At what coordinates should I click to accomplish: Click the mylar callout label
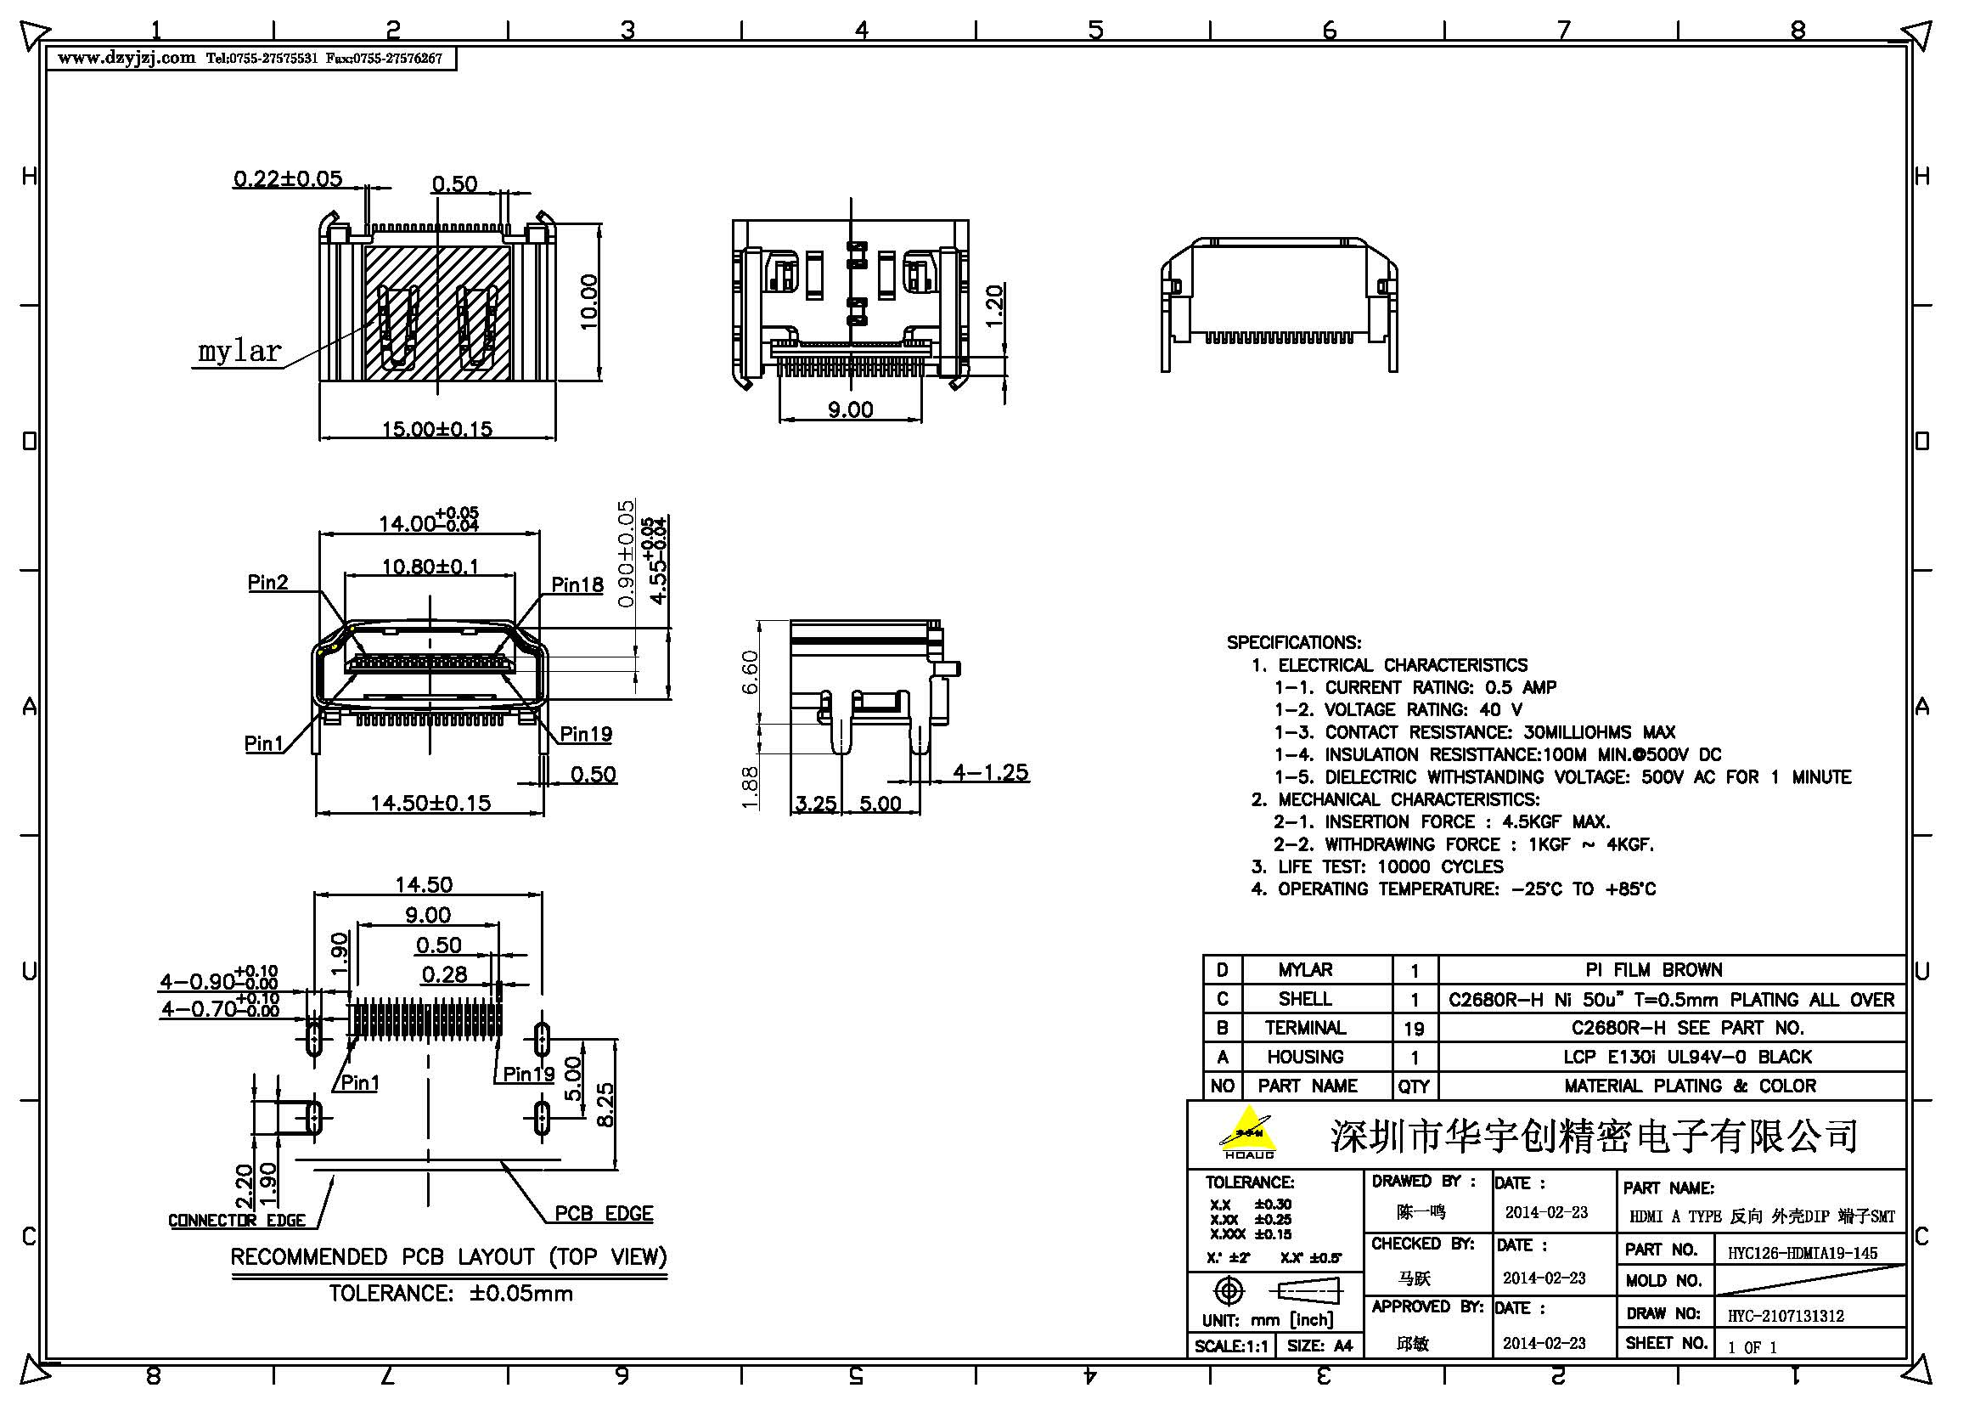(239, 352)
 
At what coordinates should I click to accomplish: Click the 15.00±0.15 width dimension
(436, 428)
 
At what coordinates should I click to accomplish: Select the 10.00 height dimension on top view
(588, 301)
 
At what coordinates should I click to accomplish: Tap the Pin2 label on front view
(267, 582)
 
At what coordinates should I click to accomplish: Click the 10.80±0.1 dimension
(430, 567)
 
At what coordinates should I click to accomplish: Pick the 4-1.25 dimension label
(990, 771)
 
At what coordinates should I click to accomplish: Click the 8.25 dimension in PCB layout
(605, 1105)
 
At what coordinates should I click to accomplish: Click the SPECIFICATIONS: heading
(1293, 642)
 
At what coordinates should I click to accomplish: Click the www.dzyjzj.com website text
(127, 58)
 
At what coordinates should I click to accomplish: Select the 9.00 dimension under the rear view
(849, 409)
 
